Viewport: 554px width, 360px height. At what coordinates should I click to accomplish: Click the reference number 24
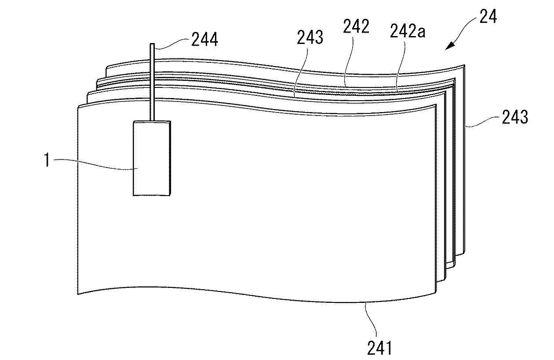click(x=488, y=16)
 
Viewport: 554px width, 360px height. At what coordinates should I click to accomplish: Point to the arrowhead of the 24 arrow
click(x=450, y=46)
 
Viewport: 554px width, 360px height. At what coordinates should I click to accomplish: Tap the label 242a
click(x=408, y=31)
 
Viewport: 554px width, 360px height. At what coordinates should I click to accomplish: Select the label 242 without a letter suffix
click(x=356, y=26)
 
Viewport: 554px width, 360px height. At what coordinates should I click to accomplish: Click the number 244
click(x=205, y=39)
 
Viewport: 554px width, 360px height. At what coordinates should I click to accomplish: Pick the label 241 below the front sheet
click(x=379, y=348)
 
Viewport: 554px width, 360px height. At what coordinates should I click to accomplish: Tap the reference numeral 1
click(x=47, y=160)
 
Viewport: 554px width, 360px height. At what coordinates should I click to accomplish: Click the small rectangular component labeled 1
click(x=152, y=158)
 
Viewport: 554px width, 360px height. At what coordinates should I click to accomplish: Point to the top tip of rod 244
click(x=152, y=44)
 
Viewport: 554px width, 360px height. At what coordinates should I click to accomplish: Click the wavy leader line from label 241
click(x=372, y=320)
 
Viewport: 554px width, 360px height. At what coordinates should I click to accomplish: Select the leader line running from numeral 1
click(x=95, y=164)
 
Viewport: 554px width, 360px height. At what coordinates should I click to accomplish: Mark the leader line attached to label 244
click(x=172, y=43)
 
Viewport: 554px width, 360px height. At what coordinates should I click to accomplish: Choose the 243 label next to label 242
click(x=310, y=37)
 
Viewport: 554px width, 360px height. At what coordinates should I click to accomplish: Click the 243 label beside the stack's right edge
click(x=515, y=117)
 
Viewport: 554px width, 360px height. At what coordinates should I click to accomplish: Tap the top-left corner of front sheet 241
click(x=78, y=107)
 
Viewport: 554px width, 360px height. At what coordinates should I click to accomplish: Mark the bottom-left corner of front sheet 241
click(x=78, y=295)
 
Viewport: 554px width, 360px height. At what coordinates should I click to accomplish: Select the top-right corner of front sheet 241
click(x=436, y=105)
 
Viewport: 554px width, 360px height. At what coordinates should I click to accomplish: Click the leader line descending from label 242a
click(x=401, y=67)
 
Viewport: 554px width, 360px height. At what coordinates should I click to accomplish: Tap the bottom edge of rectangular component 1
click(x=151, y=196)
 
